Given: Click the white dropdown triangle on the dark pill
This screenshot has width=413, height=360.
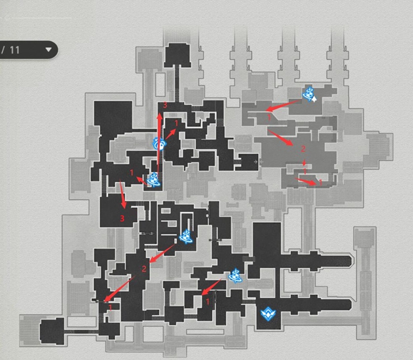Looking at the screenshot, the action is pos(48,50).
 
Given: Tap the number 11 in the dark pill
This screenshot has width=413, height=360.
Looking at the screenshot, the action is pos(15,50).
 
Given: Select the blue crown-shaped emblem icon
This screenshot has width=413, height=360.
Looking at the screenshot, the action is pos(268,314).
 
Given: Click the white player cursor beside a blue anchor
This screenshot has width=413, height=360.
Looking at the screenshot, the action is pos(314,99).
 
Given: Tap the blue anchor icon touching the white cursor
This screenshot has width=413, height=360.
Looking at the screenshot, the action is pos(308,94).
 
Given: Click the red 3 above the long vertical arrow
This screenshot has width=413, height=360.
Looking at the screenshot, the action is pos(165,105).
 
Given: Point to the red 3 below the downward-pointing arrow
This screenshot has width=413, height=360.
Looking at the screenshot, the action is pos(122,218).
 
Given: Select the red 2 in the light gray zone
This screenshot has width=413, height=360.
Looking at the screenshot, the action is pos(303,149).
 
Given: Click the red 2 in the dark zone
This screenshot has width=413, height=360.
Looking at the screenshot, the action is pos(144,269).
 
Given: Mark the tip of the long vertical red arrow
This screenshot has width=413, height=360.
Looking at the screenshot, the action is pos(160,113).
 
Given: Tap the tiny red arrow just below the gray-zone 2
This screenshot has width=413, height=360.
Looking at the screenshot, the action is pos(304,163).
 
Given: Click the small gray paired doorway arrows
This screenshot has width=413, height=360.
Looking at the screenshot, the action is pos(258,162).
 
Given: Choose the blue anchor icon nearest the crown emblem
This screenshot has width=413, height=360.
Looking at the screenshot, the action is pos(236,276).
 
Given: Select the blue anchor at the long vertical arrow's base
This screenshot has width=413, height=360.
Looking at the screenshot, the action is pos(154,180).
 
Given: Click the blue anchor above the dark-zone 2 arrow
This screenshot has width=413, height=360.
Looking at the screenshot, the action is pos(187,237).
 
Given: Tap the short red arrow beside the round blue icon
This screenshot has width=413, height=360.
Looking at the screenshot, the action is pos(171,135).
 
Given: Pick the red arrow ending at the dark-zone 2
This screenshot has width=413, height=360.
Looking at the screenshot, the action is pos(162,254).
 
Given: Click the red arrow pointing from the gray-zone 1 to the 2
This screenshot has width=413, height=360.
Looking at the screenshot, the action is pos(280,137).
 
